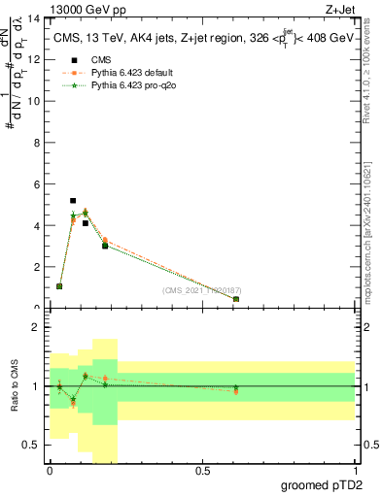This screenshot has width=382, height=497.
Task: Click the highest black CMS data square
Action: point(73,201)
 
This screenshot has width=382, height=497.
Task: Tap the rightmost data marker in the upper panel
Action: point(236,299)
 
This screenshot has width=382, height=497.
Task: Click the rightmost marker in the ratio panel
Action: point(236,390)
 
